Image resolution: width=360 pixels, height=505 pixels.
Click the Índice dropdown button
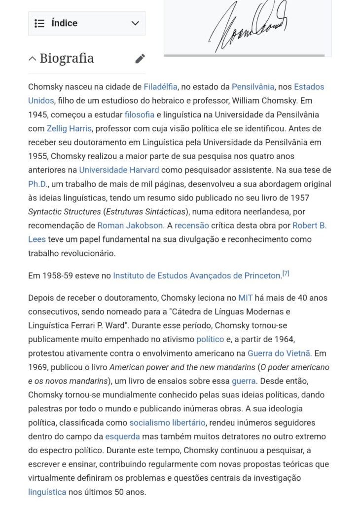pos(86,23)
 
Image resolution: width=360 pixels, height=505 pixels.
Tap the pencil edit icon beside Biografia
pos(140,59)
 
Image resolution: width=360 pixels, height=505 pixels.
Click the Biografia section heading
pos(67,58)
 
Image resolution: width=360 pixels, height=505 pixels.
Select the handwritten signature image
pos(248,27)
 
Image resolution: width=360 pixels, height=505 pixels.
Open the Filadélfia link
pos(160,87)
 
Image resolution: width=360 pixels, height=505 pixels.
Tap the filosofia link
pos(140,115)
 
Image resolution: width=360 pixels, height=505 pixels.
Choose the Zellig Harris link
pos(69,128)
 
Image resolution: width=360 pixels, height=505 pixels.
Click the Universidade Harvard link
pos(119,170)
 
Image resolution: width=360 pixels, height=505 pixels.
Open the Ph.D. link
pos(37,184)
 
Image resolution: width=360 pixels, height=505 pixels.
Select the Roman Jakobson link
pos(130,225)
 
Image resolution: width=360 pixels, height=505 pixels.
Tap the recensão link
pos(192,225)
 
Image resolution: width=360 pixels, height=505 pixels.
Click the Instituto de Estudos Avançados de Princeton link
pos(196,275)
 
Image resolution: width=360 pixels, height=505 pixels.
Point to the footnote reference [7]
pos(286,273)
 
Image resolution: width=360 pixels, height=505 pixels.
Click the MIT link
pos(245,298)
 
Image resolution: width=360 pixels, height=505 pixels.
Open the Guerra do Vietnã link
pos(279,353)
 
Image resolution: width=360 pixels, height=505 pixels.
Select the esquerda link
pos(122,436)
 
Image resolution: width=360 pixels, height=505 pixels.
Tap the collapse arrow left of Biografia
pos(33,59)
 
